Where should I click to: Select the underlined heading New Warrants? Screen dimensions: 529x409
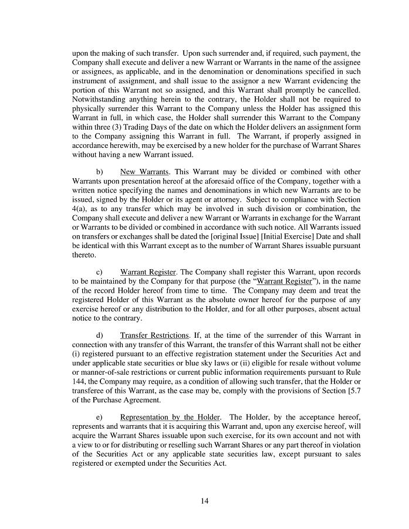pyautogui.click(x=144, y=172)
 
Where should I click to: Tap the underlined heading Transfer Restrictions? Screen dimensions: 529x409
pyautogui.click(x=154, y=335)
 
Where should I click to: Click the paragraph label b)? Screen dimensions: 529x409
pyautogui.click(x=99, y=172)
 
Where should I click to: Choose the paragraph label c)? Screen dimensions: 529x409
pyautogui.click(x=99, y=272)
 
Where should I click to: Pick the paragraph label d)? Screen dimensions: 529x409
pyautogui.click(x=99, y=335)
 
